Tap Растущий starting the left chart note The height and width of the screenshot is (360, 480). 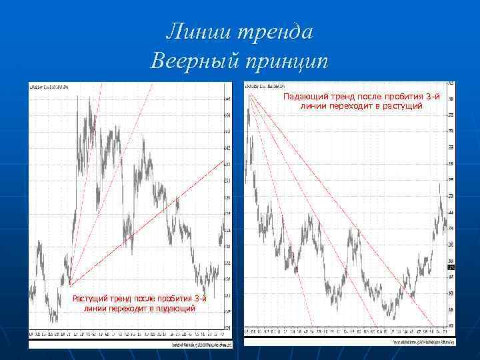93,299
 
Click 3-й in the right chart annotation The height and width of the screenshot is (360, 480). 431,97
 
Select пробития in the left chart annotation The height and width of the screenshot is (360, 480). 171,299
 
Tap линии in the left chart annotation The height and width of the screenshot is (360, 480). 95,308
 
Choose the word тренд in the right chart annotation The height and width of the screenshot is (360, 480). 342,97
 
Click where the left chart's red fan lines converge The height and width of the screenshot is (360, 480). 69,285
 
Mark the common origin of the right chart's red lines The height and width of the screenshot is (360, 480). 249,95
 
